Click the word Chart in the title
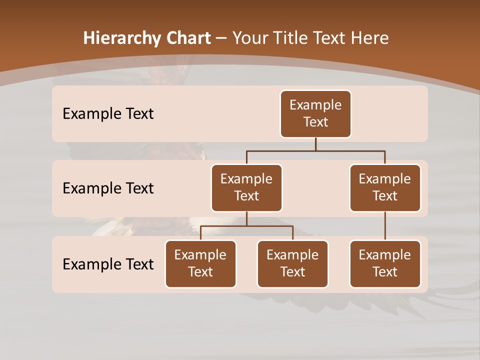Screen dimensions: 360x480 click(189, 38)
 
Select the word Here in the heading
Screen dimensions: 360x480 click(370, 38)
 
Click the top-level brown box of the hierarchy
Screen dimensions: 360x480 click(315, 114)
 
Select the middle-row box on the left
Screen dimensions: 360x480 click(246, 188)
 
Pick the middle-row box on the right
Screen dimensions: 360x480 click(385, 188)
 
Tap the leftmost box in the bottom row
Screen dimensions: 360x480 click(200, 264)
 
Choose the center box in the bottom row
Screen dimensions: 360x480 click(292, 264)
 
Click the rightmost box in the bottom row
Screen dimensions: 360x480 click(385, 264)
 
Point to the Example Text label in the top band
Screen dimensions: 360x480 click(108, 114)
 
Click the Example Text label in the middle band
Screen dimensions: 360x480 click(108, 188)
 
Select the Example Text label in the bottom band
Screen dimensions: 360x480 click(108, 264)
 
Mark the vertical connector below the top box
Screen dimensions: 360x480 click(315, 144)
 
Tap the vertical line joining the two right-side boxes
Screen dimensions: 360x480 click(385, 226)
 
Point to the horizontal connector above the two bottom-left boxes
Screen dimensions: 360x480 click(246, 226)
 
